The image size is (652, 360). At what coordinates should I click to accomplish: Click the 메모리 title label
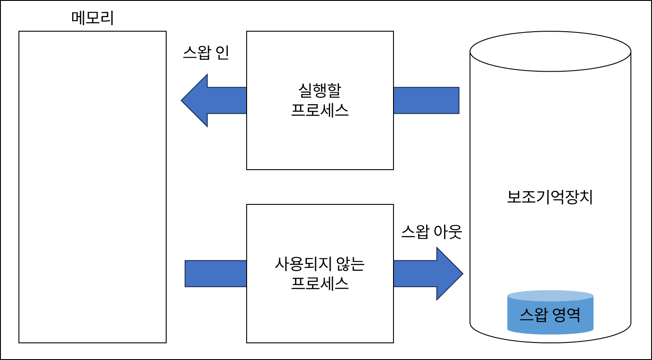pos(92,18)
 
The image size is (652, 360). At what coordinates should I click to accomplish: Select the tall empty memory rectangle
pos(92,187)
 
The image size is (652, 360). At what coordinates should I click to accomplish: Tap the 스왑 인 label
pos(206,53)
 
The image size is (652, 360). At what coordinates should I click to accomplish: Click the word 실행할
pos(320,91)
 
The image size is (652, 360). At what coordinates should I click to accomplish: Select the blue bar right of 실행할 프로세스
pos(426,100)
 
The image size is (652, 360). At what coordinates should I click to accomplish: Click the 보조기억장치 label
pos(550,197)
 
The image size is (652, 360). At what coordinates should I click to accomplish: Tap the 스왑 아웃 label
pos(431,232)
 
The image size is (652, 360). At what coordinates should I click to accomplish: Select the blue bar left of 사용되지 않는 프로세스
pos(215,273)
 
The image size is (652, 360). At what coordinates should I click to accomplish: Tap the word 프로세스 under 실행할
pos(320,110)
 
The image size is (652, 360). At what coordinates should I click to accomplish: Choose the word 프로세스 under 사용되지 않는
pos(320,283)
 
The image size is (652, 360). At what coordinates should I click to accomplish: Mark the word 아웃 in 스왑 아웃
pos(448,232)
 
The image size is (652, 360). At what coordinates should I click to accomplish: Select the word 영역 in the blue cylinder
pos(567,315)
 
